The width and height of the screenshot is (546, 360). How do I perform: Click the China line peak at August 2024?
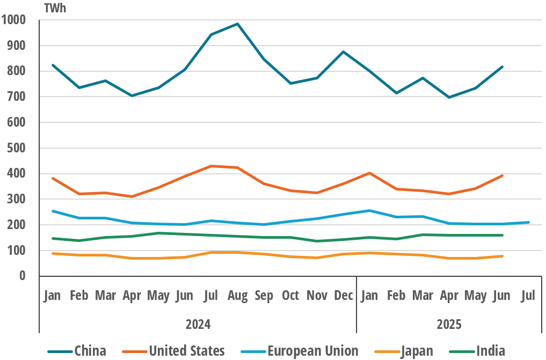[237, 24]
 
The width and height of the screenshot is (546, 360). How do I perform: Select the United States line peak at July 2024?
[211, 166]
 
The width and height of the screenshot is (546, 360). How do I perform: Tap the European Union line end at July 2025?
[529, 222]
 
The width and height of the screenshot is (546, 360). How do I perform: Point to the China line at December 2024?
[343, 52]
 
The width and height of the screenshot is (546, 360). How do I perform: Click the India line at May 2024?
[158, 233]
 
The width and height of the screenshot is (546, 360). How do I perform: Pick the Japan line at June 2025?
[502, 256]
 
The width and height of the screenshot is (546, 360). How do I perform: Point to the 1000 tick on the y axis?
[14, 20]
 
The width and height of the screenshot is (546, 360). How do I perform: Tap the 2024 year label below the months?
[198, 324]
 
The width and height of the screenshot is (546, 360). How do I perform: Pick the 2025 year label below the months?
[449, 324]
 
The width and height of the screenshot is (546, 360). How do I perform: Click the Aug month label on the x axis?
[237, 296]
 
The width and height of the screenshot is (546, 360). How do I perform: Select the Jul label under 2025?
[528, 296]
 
